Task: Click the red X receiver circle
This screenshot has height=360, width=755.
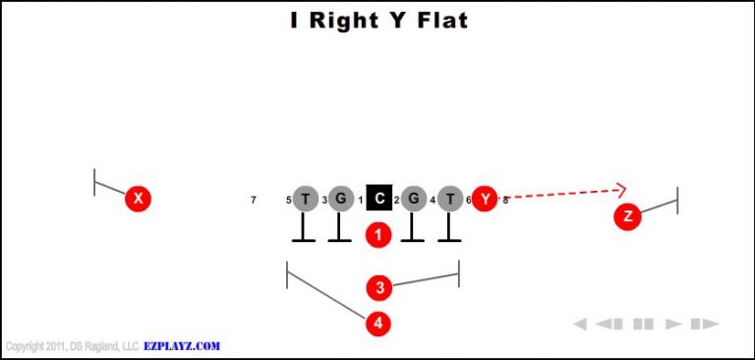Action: (139, 200)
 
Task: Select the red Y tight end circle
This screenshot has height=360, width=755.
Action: (485, 200)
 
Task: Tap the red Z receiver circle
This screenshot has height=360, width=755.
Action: (627, 216)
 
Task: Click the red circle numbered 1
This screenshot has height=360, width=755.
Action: (379, 235)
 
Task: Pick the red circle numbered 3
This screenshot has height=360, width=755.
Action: (379, 288)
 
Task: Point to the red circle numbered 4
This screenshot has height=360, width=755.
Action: (379, 323)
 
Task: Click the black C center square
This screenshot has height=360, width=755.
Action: (379, 200)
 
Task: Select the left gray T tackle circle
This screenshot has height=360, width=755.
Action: (306, 200)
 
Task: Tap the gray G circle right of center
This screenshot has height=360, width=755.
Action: (414, 200)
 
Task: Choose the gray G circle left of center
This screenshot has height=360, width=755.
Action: (340, 200)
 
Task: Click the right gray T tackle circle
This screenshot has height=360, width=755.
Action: (450, 200)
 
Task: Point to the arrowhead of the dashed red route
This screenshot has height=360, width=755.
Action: (621, 190)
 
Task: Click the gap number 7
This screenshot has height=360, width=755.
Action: (254, 201)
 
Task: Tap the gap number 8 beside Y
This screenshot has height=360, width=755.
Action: (505, 201)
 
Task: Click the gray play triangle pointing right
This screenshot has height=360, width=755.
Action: (674, 324)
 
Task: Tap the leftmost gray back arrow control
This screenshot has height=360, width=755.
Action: (580, 324)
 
